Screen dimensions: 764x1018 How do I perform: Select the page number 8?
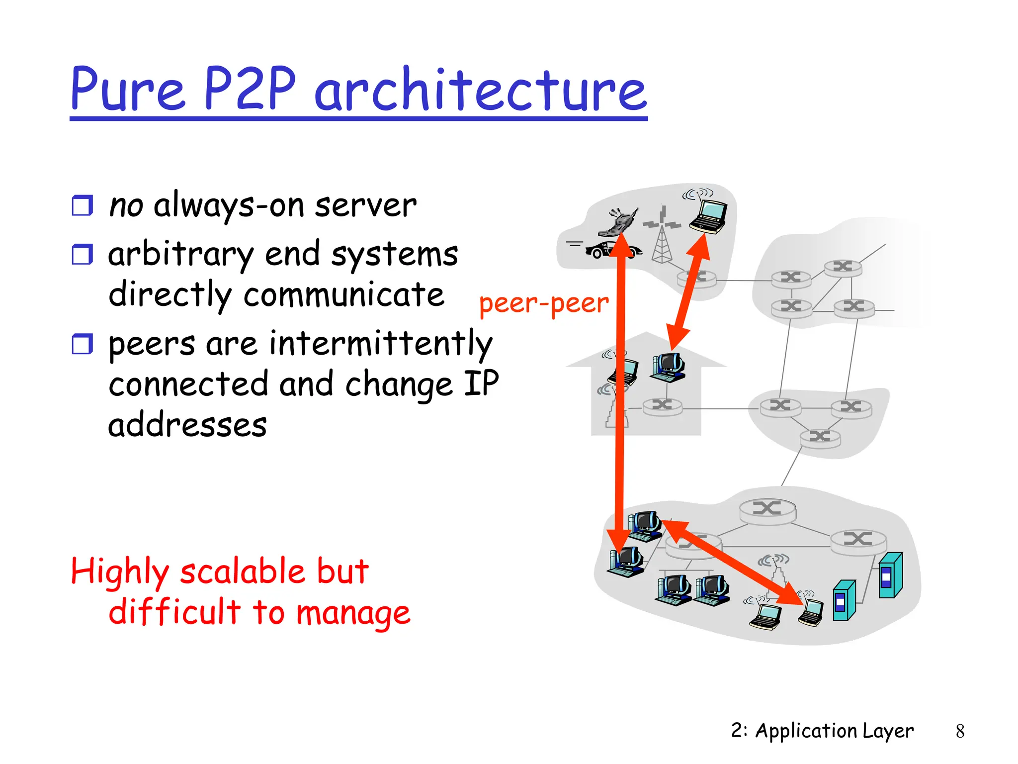click(x=960, y=731)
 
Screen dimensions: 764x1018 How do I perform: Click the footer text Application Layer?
click(x=834, y=731)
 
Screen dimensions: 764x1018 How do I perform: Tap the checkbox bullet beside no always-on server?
click(x=82, y=205)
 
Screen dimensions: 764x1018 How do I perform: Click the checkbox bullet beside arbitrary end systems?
click(x=82, y=254)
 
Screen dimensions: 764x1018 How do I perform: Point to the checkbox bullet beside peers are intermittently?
click(x=82, y=344)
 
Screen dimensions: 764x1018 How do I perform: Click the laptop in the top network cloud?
click(x=709, y=215)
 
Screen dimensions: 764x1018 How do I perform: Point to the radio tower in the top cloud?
click(x=662, y=239)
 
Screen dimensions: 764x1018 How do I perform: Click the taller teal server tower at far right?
click(x=890, y=575)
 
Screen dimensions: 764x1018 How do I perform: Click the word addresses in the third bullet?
click(x=187, y=425)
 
